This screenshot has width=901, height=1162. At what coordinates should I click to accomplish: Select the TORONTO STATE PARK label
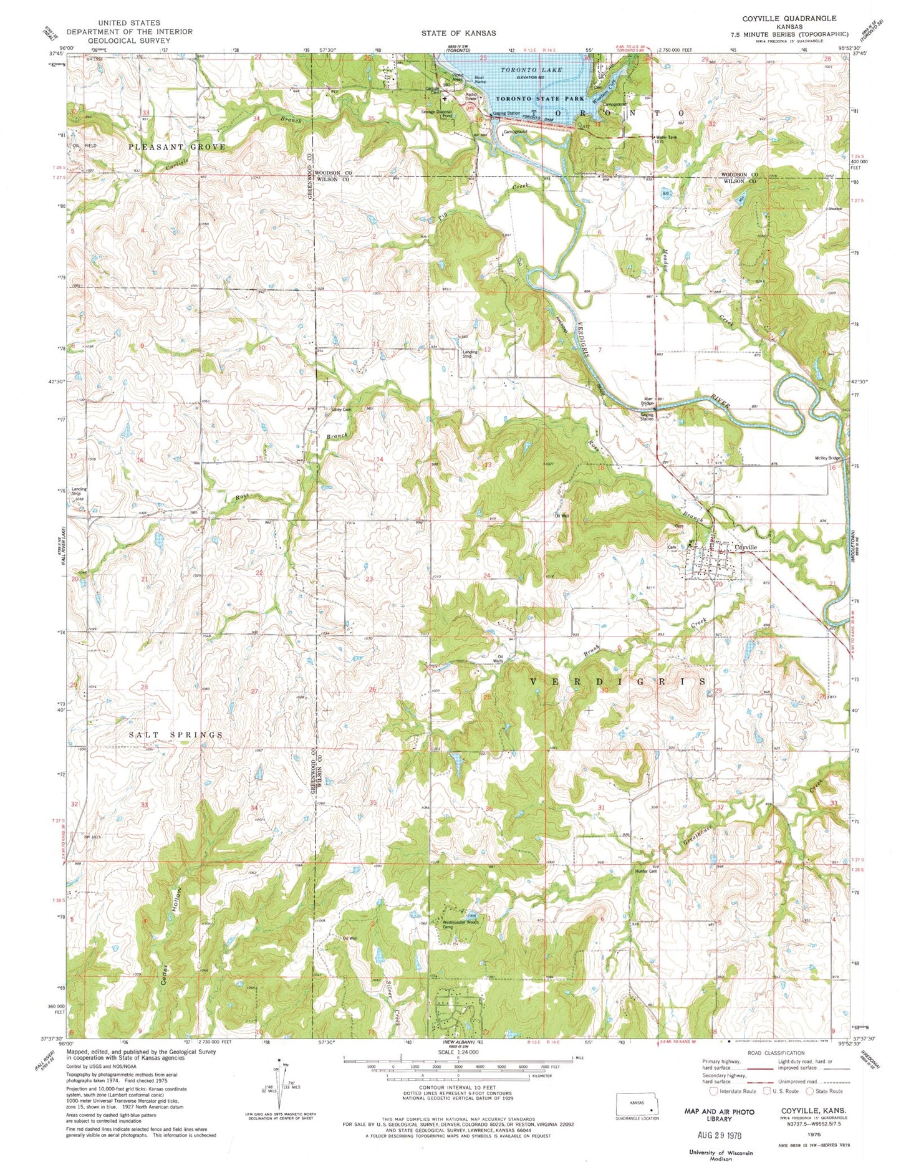(x=539, y=98)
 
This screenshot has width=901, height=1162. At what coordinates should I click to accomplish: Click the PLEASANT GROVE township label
(x=176, y=146)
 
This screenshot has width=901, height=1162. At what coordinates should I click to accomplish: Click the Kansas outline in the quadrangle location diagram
(x=637, y=1102)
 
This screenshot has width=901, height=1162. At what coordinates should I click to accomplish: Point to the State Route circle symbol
(x=811, y=1091)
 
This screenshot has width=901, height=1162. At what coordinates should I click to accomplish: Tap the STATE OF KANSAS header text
(x=458, y=33)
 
